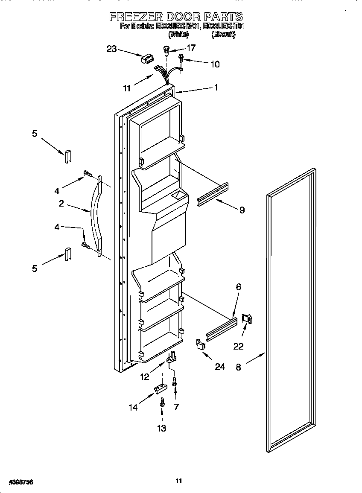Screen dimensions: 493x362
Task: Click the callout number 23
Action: tap(111, 49)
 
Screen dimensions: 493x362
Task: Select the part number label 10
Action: tap(215, 64)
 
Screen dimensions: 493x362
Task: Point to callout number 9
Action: tap(242, 210)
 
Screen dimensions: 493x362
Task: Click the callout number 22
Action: tap(238, 346)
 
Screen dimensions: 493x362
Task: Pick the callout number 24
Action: tap(219, 367)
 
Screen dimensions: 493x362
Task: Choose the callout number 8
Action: tap(238, 367)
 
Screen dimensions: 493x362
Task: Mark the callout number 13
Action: tap(162, 428)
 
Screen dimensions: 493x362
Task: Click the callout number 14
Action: tap(134, 407)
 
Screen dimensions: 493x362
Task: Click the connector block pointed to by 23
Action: tap(147, 59)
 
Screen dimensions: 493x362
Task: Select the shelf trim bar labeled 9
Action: tap(213, 194)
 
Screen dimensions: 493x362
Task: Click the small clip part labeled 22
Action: tap(247, 318)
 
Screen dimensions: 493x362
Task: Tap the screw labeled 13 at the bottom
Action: tap(162, 403)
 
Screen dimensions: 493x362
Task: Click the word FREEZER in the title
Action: tap(136, 17)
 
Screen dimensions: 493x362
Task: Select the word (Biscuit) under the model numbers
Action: tap(223, 35)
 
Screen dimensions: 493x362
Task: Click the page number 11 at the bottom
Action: tap(179, 481)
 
